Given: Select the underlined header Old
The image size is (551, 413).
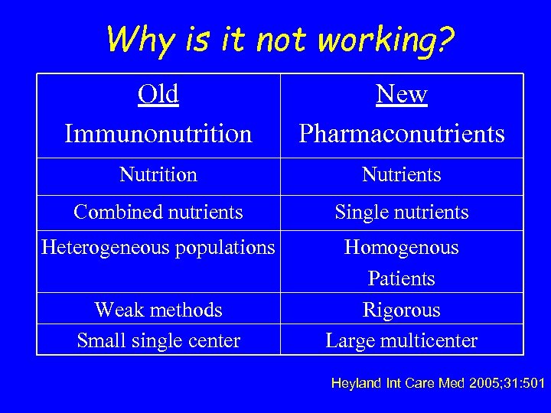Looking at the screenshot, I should click(158, 94).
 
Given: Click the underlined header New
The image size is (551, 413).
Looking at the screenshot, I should click(402, 94).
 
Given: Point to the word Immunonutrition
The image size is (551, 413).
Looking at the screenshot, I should click(158, 134).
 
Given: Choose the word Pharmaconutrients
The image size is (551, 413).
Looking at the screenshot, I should click(402, 134).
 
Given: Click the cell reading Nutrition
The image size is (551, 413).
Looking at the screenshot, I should click(158, 175).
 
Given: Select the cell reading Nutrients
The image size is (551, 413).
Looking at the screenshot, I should click(402, 175).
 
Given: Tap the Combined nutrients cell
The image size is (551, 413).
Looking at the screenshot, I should click(158, 212).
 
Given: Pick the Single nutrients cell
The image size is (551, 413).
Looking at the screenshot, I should click(402, 212).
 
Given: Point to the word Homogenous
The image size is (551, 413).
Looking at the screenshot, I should click(402, 248).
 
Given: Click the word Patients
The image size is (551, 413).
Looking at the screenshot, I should click(402, 278).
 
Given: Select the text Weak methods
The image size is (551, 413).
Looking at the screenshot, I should click(158, 310).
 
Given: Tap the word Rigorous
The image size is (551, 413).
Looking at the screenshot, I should click(402, 310).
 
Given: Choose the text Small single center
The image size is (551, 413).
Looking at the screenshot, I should click(158, 340).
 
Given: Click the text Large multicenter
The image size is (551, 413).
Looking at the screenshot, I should click(402, 340).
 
